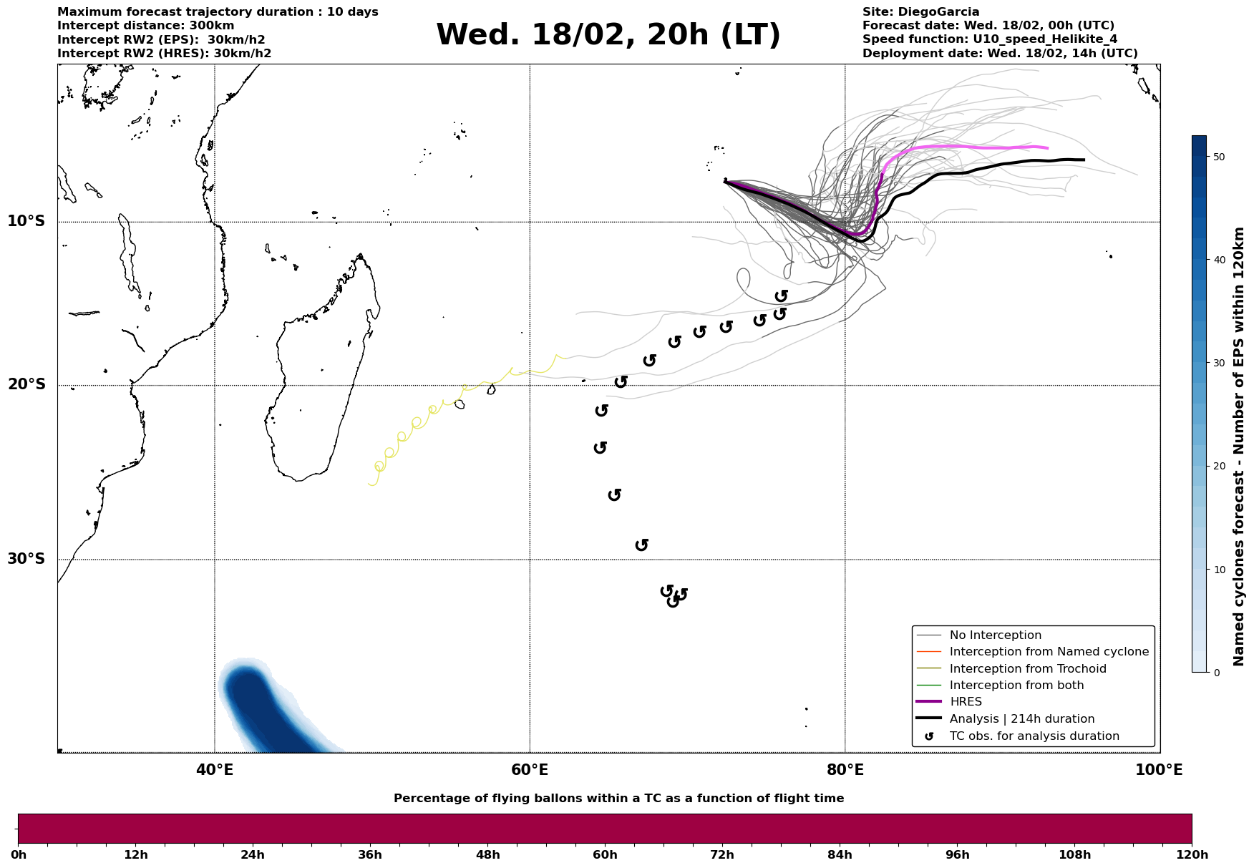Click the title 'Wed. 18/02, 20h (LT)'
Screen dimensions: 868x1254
coord(608,35)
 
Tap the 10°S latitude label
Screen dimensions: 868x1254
coord(26,221)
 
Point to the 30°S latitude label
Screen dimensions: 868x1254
coord(26,559)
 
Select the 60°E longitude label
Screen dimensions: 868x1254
coord(530,771)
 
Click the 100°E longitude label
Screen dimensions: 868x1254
coord(1159,771)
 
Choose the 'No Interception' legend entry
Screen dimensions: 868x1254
coord(995,635)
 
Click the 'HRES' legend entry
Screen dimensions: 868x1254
coord(966,702)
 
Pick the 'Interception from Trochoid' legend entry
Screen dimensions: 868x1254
coord(1027,669)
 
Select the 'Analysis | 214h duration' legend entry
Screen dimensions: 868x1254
coord(1021,719)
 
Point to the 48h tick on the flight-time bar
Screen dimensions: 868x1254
coord(487,855)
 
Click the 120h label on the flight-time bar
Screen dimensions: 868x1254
coord(1192,855)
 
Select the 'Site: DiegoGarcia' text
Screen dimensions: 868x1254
coord(920,12)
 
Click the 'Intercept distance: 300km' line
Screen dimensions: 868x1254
coord(145,26)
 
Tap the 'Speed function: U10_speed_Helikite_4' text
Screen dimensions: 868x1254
coord(989,39)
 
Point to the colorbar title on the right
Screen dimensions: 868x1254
coord(1240,447)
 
